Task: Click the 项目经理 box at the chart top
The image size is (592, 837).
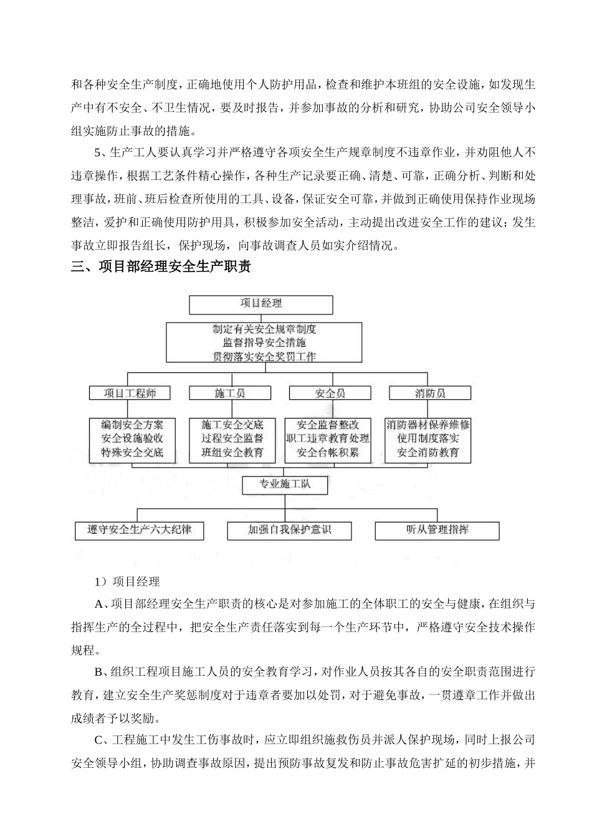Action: pos(261,304)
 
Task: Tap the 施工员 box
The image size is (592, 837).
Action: pos(230,393)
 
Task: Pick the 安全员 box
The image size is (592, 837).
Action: pos(330,393)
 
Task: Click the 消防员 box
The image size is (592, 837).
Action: pos(430,393)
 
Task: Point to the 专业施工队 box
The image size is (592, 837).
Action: pos(284,484)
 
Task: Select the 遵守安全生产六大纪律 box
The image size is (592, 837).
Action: pos(140,531)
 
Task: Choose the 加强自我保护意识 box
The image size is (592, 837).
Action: pos(289,531)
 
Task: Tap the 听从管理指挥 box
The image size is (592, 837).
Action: pos(437,531)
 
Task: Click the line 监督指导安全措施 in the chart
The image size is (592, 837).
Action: pos(264,343)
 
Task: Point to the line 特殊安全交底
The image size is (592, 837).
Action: pos(133,453)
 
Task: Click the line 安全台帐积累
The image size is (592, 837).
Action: pos(328,453)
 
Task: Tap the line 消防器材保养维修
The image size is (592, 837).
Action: pos(428,425)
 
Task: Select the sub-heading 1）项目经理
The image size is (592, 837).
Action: pos(127,582)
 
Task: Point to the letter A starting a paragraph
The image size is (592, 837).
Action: pos(98,604)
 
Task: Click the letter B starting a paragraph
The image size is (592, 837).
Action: pos(98,672)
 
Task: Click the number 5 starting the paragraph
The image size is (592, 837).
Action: pos(97,153)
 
